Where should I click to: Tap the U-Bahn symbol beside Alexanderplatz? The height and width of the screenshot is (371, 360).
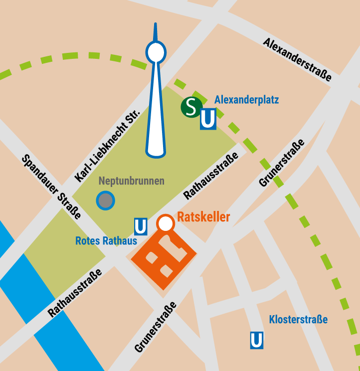tap(208, 120)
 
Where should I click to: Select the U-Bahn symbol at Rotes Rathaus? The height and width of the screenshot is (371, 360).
tap(141, 227)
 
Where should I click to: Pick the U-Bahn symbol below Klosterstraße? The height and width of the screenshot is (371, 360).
tap(257, 341)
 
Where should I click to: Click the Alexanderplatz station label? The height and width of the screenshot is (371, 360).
tap(246, 100)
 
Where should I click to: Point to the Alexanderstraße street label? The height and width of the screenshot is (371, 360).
tap(297, 59)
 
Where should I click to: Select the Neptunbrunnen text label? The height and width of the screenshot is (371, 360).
tap(131, 181)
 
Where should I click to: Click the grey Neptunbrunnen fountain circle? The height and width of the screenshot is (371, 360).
tap(105, 200)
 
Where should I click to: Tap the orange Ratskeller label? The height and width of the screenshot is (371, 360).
tap(203, 217)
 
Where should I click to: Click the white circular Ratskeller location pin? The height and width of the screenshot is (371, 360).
tap(165, 223)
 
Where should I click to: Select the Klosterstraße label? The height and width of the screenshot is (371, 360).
tap(298, 319)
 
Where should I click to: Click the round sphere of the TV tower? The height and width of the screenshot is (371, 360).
tap(156, 51)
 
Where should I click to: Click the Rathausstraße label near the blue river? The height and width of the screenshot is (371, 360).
tap(75, 293)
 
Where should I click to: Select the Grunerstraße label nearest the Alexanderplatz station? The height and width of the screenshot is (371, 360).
tap(282, 163)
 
